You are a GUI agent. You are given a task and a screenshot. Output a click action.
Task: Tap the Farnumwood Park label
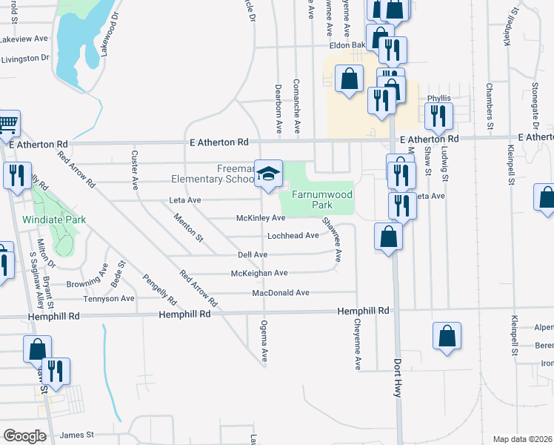click(x=316, y=198)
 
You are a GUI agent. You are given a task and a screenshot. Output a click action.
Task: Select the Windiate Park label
click(x=55, y=220)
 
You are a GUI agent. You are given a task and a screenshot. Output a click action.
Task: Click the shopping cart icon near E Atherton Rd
click(x=7, y=124)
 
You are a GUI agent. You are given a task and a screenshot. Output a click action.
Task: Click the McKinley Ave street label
click(x=260, y=218)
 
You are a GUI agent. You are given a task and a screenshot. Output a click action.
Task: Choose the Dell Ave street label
click(x=252, y=254)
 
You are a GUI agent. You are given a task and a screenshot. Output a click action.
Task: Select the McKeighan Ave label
click(x=259, y=273)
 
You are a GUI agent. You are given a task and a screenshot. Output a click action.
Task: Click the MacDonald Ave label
click(x=280, y=292)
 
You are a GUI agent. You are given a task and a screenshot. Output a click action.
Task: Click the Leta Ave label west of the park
click(x=185, y=200)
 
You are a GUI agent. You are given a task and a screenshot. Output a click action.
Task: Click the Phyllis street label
click(x=438, y=98)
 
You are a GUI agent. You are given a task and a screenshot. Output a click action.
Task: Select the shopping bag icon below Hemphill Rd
click(x=447, y=336)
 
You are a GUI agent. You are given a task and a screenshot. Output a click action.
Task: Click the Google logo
click(x=25, y=436)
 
